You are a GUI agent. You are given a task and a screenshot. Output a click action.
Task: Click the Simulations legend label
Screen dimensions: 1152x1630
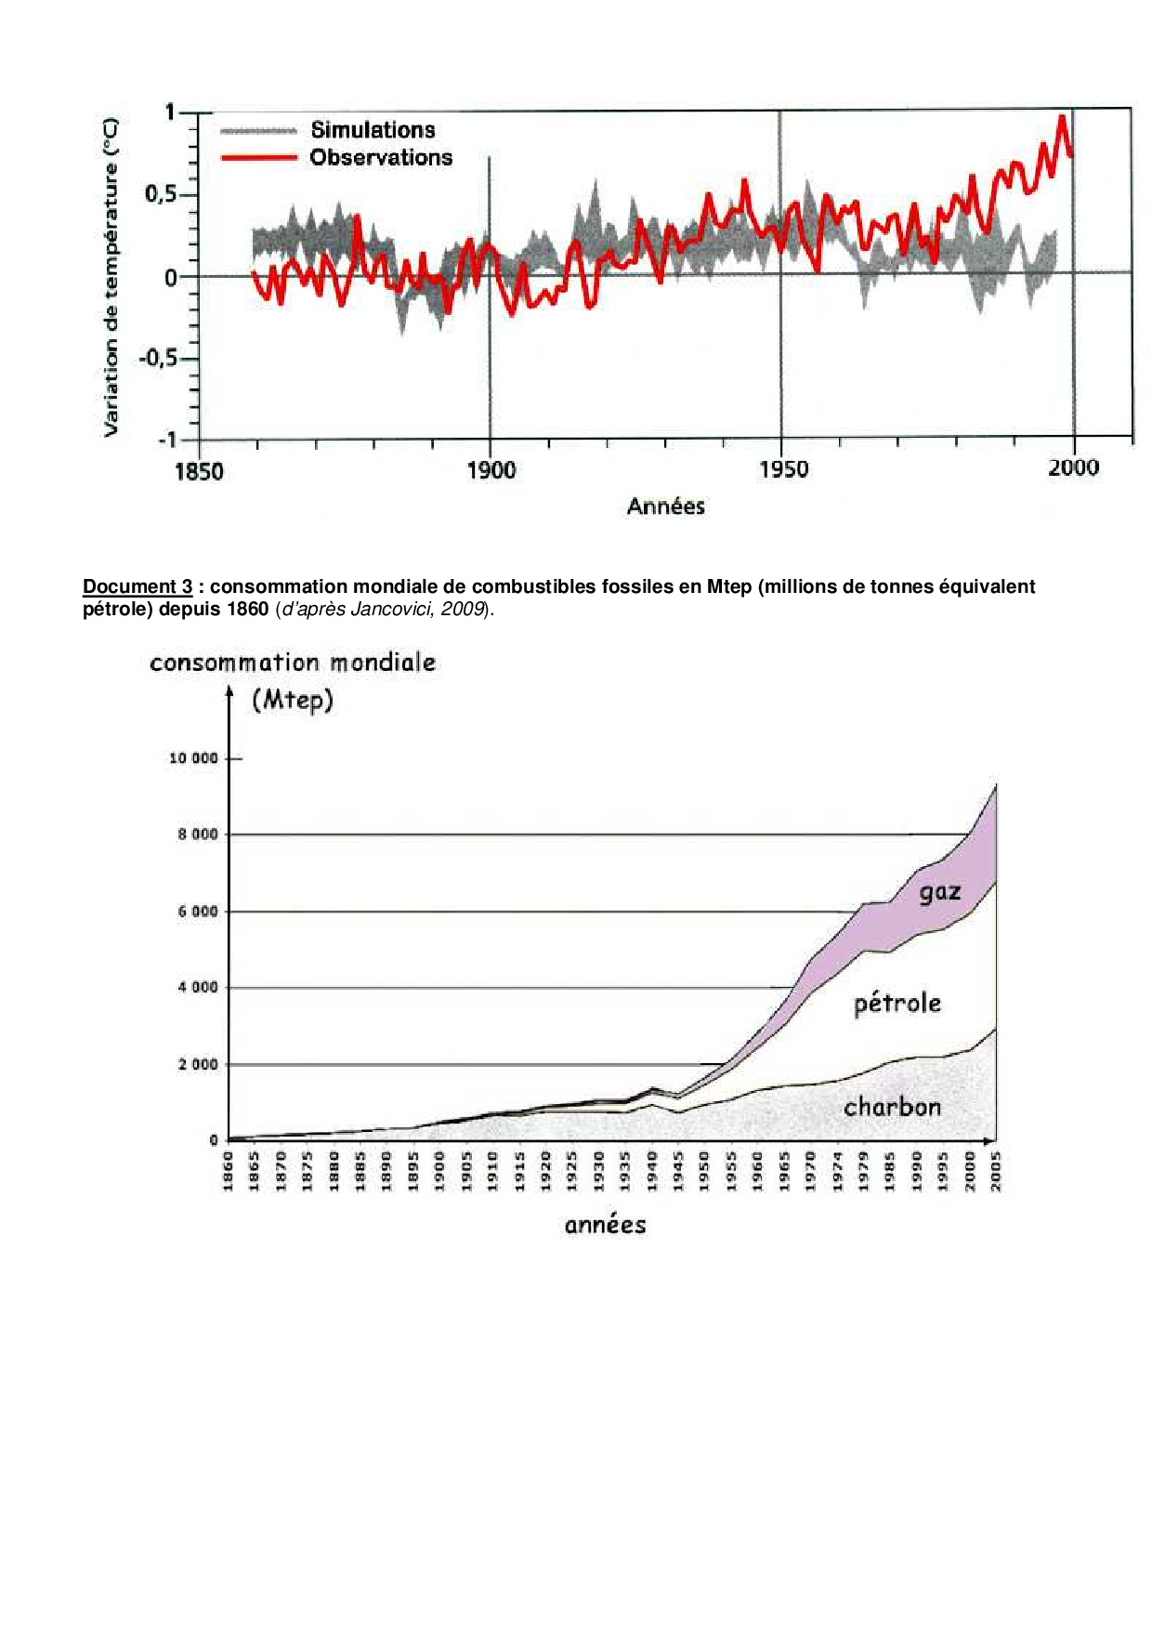tap(373, 130)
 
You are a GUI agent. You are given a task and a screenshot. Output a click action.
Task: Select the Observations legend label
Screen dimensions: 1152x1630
tap(381, 158)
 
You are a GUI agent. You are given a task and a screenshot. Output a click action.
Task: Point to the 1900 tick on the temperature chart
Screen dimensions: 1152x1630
tap(491, 470)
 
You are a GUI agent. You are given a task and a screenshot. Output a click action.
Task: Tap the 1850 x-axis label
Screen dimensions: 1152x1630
tap(199, 471)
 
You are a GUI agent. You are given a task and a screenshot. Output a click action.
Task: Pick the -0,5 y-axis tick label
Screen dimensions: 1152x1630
tap(156, 359)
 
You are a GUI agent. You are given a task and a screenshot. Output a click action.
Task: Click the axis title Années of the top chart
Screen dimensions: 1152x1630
tap(666, 506)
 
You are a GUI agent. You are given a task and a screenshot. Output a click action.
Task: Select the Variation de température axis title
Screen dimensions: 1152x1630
tap(111, 277)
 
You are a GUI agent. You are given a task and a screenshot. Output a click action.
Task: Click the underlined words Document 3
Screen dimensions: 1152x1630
tap(137, 586)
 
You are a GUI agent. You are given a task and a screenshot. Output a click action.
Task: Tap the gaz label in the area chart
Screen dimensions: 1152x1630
tap(940, 893)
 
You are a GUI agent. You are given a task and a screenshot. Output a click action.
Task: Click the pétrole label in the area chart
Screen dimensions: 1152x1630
tap(897, 1004)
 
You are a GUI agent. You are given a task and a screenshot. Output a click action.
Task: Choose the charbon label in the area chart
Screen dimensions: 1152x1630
tap(892, 1107)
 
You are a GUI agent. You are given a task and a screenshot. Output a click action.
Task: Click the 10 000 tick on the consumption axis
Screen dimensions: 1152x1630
tap(193, 758)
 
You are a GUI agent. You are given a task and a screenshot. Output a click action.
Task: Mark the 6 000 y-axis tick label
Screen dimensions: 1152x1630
tap(198, 912)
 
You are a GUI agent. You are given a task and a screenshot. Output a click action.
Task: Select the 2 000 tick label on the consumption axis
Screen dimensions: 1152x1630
tap(198, 1064)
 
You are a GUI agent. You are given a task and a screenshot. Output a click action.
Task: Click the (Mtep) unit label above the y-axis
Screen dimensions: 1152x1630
tap(293, 700)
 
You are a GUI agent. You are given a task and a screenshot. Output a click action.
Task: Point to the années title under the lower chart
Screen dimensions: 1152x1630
tap(605, 1225)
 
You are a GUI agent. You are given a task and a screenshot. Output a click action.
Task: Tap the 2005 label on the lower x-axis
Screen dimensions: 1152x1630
tap(997, 1171)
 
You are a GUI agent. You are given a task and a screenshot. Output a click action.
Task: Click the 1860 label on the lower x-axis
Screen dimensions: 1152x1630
tap(229, 1171)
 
